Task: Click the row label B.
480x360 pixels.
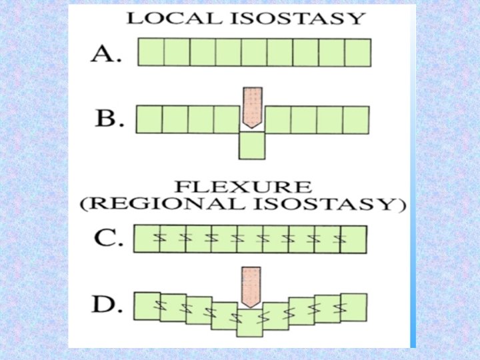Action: tap(107, 119)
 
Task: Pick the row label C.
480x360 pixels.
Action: tap(107, 239)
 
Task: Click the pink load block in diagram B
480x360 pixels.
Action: tap(252, 106)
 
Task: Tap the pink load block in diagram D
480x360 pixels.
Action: tap(251, 286)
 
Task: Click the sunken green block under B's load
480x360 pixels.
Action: tap(252, 145)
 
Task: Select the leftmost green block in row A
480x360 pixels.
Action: tap(151, 52)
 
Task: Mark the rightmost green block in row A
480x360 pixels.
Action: tap(357, 52)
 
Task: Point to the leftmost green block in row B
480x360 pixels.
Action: tap(149, 119)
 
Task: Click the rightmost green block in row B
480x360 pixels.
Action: tap(355, 119)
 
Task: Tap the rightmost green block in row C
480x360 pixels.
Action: tap(355, 239)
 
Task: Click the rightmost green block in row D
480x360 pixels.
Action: tap(354, 307)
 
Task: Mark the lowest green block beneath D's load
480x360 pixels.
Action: tap(251, 323)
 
